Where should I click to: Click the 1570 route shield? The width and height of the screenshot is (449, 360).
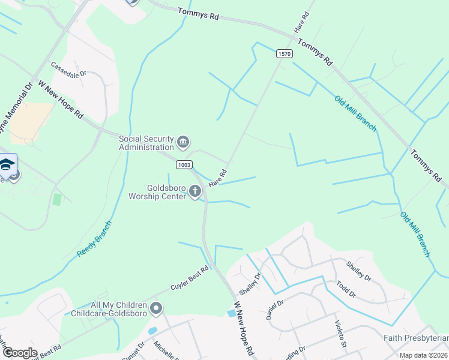pyautogui.click(x=285, y=54)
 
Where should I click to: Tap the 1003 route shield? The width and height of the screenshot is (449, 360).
pyautogui.click(x=184, y=164)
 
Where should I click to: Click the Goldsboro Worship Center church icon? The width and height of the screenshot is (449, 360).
pyautogui.click(x=194, y=191)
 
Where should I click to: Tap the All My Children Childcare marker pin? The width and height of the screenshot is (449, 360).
pyautogui.click(x=157, y=309)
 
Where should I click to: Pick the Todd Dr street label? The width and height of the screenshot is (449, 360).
pyautogui.click(x=346, y=289)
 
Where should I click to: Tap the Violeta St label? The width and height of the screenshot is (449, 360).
pyautogui.click(x=340, y=333)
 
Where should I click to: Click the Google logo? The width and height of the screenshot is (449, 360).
pyautogui.click(x=20, y=353)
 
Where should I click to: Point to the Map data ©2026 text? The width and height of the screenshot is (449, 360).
pyautogui.click(x=423, y=355)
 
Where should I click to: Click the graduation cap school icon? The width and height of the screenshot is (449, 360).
pyautogui.click(x=7, y=164)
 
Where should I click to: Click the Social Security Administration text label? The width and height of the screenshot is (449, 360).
pyautogui.click(x=146, y=143)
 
